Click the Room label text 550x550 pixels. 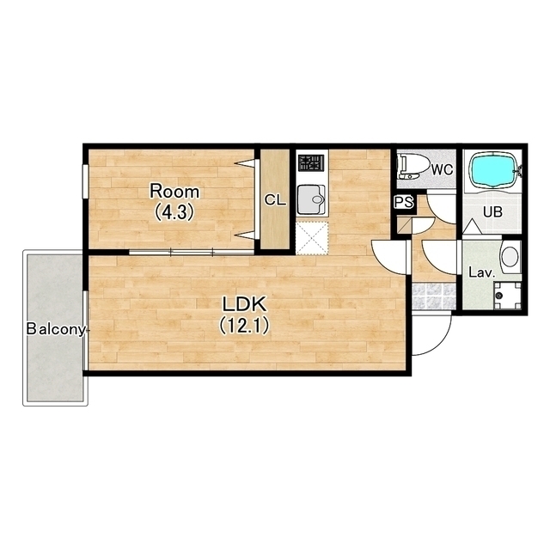[x=174, y=192]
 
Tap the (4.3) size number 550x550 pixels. [x=174, y=212]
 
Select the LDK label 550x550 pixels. [x=245, y=304]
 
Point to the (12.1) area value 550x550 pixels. [x=244, y=326]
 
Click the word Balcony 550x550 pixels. [x=56, y=330]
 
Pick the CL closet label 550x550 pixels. [x=275, y=200]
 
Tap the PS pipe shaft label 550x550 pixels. [x=404, y=203]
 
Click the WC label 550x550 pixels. [x=442, y=170]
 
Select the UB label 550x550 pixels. [x=492, y=212]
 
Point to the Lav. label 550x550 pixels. [x=481, y=273]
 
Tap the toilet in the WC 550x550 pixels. [x=414, y=168]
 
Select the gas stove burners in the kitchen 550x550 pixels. [x=310, y=163]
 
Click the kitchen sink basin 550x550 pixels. [x=311, y=199]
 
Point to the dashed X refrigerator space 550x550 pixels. [x=312, y=238]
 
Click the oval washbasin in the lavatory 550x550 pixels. [x=510, y=256]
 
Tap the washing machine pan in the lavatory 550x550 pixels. [x=507, y=296]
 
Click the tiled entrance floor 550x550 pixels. [x=434, y=296]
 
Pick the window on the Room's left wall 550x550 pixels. [x=85, y=181]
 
